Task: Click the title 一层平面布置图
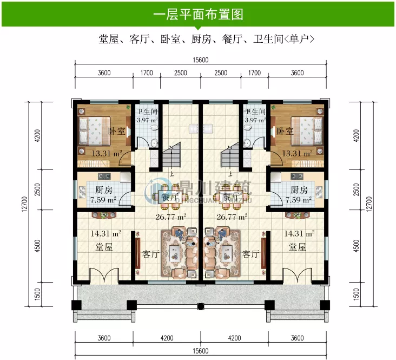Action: pos(197,14)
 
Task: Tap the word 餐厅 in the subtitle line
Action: pos(236,39)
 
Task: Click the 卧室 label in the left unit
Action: pos(116,132)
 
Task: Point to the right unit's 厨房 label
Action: pos(299,190)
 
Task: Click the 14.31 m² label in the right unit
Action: pos(299,234)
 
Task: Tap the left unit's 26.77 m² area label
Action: pos(171,217)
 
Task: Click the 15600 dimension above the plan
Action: pos(200,61)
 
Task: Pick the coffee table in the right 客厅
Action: pos(226,251)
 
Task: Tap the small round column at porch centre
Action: pos(200,309)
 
